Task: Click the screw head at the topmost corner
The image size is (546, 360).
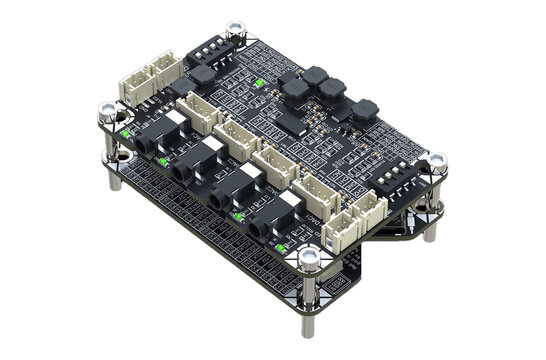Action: pyautogui.click(x=235, y=32)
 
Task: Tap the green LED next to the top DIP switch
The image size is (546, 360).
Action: pyautogui.click(x=259, y=83)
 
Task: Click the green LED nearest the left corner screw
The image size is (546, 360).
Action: pyautogui.click(x=127, y=130)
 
